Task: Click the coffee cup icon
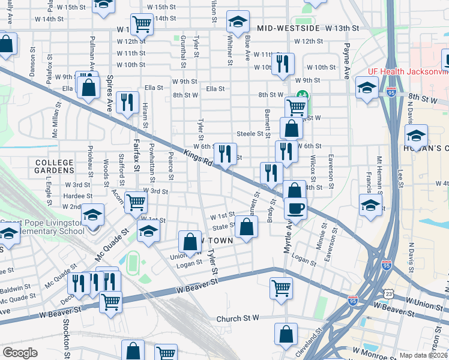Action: (294, 208)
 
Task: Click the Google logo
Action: (20, 353)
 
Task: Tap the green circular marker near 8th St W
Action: (301, 95)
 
